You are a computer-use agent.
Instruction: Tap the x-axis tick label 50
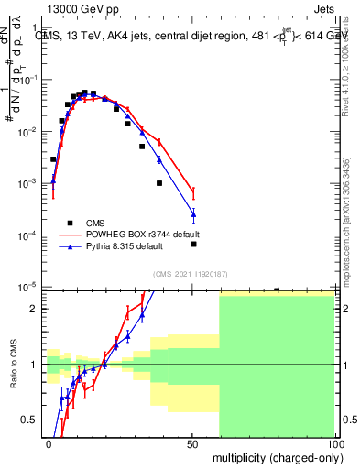(191, 444)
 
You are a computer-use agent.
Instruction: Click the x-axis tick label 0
(49, 444)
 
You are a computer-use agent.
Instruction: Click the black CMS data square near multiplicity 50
(193, 244)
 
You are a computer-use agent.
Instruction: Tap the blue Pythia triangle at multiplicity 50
(193, 215)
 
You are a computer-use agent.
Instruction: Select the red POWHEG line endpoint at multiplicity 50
(193, 191)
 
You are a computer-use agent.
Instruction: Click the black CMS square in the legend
(70, 223)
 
